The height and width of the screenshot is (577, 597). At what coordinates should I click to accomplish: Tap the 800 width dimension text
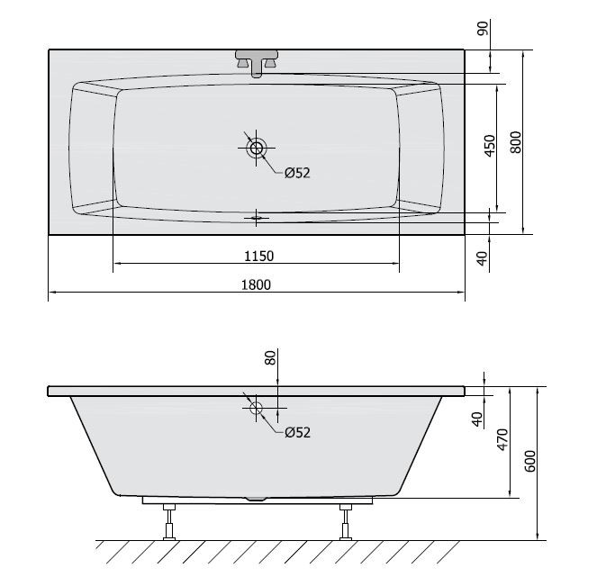pos(515,142)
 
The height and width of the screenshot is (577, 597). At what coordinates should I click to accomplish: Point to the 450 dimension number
pos(489,147)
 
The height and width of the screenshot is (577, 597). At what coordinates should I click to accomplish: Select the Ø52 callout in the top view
pos(296,173)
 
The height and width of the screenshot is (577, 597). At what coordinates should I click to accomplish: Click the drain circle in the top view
pos(257,148)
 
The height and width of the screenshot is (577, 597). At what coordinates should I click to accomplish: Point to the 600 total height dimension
pos(530,463)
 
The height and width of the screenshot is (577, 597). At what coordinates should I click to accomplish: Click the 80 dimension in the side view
pos(269,358)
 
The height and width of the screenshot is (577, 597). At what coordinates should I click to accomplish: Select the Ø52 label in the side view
pos(296,433)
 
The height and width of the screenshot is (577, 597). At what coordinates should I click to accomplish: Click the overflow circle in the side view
pos(256,408)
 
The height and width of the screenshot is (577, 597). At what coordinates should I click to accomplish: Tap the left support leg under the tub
pos(167,521)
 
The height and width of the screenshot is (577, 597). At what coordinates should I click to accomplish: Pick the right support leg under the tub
pos(345,521)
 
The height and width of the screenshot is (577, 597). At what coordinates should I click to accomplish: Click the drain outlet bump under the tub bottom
pos(257,498)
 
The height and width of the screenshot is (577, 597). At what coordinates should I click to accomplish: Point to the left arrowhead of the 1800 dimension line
pos(51,293)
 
